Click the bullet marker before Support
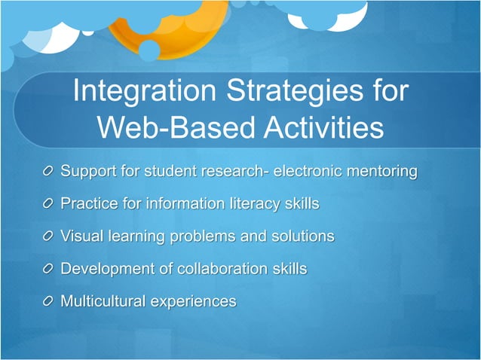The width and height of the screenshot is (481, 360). pyautogui.click(x=48, y=172)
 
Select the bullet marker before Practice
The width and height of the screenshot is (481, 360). pyautogui.click(x=48, y=205)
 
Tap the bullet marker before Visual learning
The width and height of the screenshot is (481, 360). pyautogui.click(x=48, y=237)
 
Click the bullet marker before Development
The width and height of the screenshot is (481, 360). pyautogui.click(x=48, y=270)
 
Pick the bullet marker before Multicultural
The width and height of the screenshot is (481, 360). pyautogui.click(x=48, y=302)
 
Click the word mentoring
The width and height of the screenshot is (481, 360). pyautogui.click(x=380, y=172)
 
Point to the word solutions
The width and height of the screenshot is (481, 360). pyautogui.click(x=298, y=236)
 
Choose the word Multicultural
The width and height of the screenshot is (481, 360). pyautogui.click(x=103, y=301)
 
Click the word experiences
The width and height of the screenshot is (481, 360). pyautogui.click(x=193, y=302)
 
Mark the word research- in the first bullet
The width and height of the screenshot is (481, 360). pyautogui.click(x=236, y=171)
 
